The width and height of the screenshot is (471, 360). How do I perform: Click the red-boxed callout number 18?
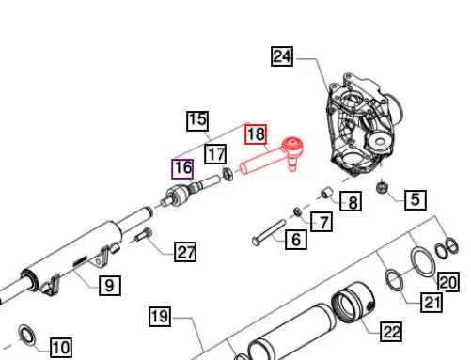(x=256, y=134)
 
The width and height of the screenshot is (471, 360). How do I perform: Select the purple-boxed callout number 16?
(x=182, y=169)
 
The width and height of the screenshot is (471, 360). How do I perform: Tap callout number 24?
(x=282, y=56)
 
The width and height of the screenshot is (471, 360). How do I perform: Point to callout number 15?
(x=197, y=120)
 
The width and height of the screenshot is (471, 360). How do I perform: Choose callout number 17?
(x=215, y=154)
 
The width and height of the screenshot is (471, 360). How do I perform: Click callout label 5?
(x=416, y=199)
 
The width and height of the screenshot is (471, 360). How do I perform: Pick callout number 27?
(x=185, y=252)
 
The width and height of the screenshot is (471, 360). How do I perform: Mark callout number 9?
(x=110, y=286)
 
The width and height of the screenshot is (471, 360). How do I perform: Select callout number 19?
(x=160, y=317)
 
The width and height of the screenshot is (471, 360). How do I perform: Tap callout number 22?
(x=391, y=332)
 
